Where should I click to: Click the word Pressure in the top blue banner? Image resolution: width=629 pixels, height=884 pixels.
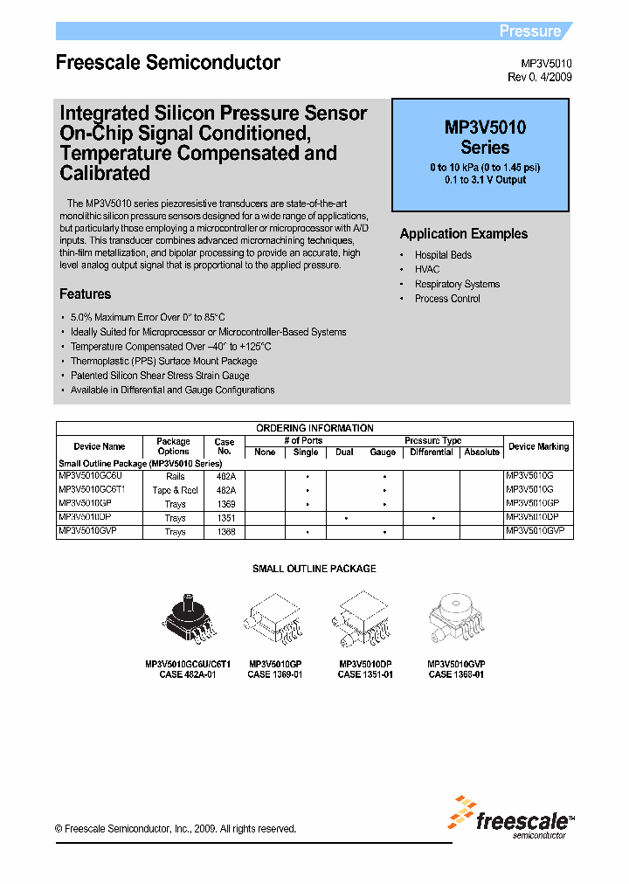click(529, 31)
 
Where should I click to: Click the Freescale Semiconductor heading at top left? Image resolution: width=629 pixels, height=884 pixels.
click(168, 63)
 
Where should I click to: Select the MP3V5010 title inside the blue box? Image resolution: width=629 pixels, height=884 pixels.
click(485, 128)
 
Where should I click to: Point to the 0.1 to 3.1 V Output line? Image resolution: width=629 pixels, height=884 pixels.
click(485, 180)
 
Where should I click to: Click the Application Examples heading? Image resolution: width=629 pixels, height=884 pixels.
click(463, 234)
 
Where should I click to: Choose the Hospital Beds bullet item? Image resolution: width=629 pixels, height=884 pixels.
click(443, 255)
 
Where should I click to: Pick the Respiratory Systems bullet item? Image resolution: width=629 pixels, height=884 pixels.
click(457, 284)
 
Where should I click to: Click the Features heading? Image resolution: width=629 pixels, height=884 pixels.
click(85, 294)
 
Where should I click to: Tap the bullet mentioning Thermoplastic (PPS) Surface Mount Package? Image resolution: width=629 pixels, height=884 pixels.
click(163, 361)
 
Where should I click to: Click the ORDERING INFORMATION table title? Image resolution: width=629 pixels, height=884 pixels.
click(314, 428)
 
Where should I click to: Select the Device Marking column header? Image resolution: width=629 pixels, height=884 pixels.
click(538, 446)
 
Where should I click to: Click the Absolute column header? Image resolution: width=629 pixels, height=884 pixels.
click(482, 452)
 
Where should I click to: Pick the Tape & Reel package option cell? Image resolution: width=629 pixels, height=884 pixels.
click(175, 491)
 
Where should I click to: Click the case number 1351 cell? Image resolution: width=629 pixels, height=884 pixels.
click(225, 518)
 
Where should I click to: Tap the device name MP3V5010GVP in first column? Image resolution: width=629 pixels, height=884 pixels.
click(87, 531)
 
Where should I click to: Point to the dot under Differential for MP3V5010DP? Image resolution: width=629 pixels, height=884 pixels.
click(432, 518)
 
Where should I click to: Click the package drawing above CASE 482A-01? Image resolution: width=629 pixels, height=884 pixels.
click(186, 621)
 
